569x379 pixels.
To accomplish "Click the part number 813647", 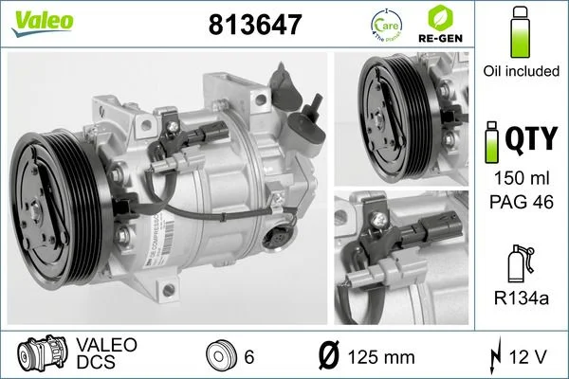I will (x=254, y=26).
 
